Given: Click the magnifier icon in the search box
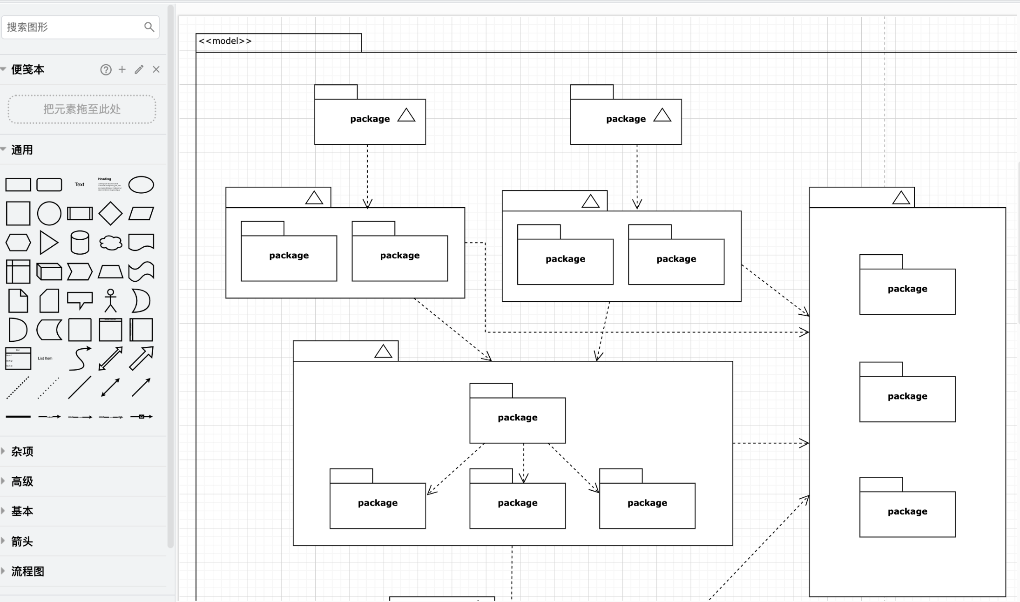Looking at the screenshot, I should point(149,27).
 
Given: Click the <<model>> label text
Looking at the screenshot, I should point(225,41).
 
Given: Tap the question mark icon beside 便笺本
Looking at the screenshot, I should point(106,70).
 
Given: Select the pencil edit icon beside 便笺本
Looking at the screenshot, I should point(139,70).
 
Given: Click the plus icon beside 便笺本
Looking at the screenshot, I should point(122,69).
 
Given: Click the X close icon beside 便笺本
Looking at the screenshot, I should point(156,69).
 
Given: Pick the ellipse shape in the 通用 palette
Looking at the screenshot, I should point(141,185).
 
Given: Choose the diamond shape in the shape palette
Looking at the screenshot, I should point(110,214).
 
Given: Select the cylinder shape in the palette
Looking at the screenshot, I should point(80,243).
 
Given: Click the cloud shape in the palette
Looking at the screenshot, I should point(110,243).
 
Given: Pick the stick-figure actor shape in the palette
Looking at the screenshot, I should point(110,300).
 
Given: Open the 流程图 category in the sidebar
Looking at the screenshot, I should point(27,572).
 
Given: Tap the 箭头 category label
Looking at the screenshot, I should point(22,541).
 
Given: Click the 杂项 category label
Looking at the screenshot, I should point(22,452).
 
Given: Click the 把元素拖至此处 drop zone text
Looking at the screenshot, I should point(82,109).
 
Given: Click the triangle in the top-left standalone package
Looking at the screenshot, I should point(406,115).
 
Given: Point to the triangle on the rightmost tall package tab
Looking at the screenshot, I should point(901,198).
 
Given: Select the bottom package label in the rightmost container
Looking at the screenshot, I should point(907,511).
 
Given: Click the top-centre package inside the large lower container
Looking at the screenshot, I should point(517,418).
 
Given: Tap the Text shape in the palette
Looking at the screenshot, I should point(80,185).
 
